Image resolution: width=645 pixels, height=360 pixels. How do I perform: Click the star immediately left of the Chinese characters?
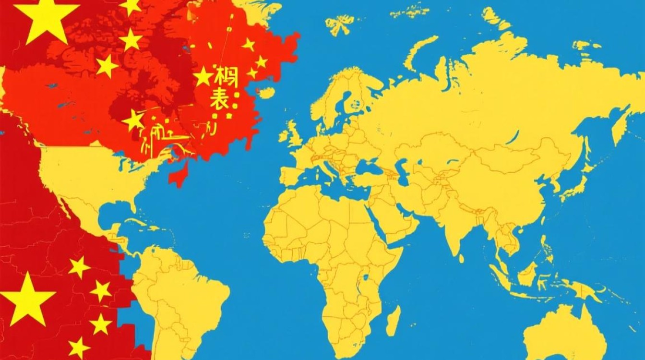[203, 77]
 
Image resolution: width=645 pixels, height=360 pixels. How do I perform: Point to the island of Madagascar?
[393, 321]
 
